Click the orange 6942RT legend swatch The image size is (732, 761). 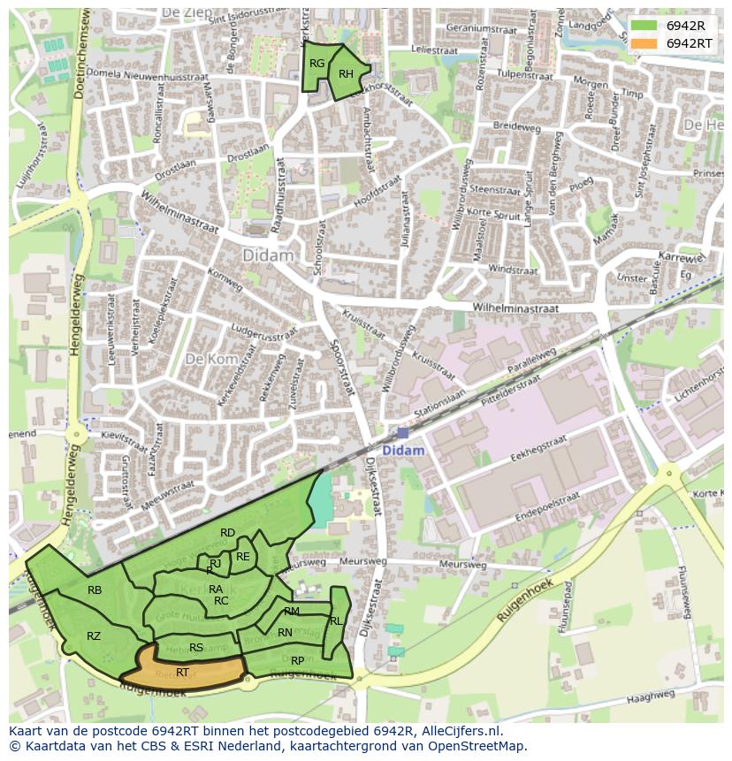644,43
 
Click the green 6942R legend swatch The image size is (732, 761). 644,26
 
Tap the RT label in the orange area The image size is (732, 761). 182,673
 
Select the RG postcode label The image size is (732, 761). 316,63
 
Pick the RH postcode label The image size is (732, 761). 346,73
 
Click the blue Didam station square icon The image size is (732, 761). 403,432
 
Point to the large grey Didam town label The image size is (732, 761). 268,255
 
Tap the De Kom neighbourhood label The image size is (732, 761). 206,359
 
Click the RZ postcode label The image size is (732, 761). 94,635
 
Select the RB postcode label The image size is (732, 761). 95,590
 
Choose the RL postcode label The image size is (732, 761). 336,621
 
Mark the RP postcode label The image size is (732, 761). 298,660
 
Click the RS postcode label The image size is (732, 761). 196,648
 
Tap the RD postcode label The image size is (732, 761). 228,532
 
